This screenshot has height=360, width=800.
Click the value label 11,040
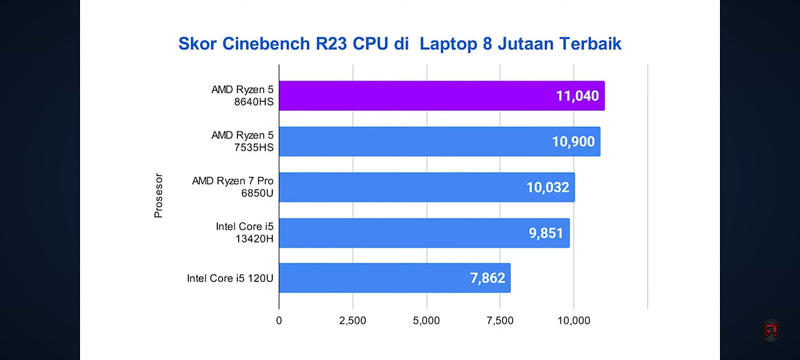click(577, 96)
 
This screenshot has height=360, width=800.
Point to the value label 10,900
click(574, 141)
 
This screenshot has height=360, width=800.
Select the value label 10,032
click(548, 187)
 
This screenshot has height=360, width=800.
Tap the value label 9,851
click(546, 233)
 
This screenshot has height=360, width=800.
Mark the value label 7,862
click(487, 278)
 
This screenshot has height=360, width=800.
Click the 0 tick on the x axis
click(279, 321)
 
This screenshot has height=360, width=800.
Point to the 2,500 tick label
click(353, 321)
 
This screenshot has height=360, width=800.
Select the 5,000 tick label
click(426, 321)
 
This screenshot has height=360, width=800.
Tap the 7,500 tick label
click(500, 321)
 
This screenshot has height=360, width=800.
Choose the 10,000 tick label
click(574, 321)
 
